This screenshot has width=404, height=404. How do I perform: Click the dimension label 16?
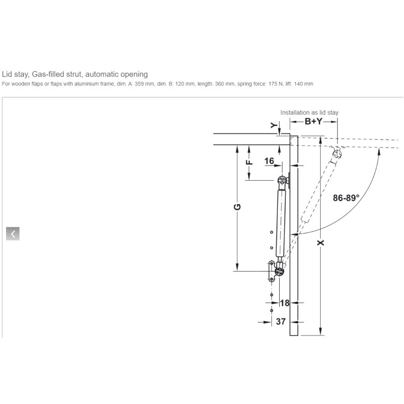pyautogui.click(x=269, y=161)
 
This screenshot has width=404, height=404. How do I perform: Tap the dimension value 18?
pyautogui.click(x=285, y=302)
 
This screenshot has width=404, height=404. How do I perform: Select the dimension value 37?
pyautogui.click(x=281, y=322)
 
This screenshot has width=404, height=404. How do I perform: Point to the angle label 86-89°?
pyautogui.click(x=346, y=198)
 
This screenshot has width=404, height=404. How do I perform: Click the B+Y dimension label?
pyautogui.click(x=314, y=121)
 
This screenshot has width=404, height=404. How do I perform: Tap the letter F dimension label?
pyautogui.click(x=249, y=162)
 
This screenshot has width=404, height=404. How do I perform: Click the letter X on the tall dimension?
pyautogui.click(x=321, y=242)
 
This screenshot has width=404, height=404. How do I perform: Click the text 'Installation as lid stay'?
pyautogui.click(x=309, y=113)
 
